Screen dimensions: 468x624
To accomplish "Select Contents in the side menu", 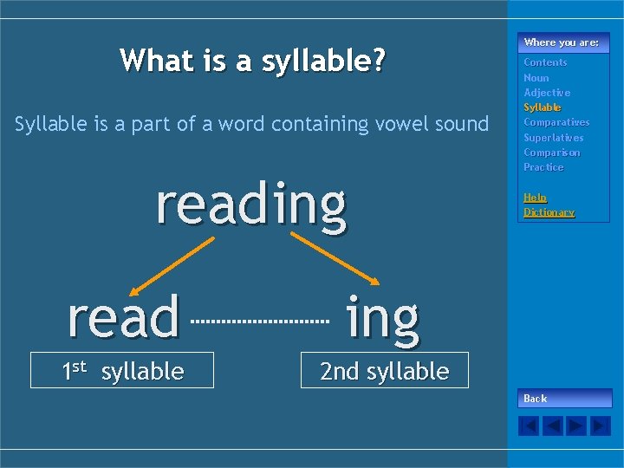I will (x=545, y=62).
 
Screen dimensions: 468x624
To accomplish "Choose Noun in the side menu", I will (x=536, y=78).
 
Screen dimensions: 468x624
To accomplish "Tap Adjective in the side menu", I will (x=547, y=93).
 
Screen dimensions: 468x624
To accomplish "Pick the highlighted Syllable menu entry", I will (x=543, y=107).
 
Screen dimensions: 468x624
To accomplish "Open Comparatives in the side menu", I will (x=556, y=122).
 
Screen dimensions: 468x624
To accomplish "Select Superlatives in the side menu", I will (x=554, y=138).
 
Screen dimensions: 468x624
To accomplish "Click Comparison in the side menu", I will (x=552, y=153).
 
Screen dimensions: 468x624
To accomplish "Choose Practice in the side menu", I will (x=543, y=167).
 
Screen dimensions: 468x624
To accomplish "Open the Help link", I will (x=535, y=198).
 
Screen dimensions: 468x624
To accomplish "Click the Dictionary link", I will (x=549, y=212).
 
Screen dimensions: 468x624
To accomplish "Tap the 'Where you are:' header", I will (x=561, y=42).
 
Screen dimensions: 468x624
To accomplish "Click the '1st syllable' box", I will (x=122, y=371).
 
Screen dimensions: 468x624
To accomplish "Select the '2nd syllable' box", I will (x=384, y=371).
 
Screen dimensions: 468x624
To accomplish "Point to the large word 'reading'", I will (x=251, y=204).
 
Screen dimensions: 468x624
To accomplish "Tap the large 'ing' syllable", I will (x=382, y=317).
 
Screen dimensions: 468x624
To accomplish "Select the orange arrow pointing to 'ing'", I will (x=335, y=259).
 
